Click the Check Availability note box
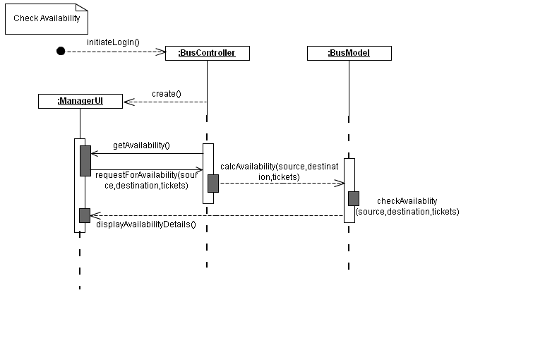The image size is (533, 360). [x=47, y=19]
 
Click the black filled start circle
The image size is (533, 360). [x=61, y=51]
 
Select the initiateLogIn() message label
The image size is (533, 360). [x=113, y=42]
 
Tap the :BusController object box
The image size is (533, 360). [x=207, y=53]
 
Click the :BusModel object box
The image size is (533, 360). [x=349, y=53]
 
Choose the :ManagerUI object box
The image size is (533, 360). [x=80, y=102]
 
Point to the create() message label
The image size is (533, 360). [x=167, y=93]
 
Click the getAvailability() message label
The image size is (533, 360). [x=141, y=145]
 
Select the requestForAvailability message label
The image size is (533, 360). [x=145, y=180]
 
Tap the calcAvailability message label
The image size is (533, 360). [x=280, y=172]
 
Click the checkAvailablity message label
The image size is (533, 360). [x=407, y=206]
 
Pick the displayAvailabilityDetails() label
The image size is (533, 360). [x=146, y=224]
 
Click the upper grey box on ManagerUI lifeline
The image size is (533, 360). [x=85, y=160]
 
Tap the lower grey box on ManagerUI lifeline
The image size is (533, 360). [x=85, y=215]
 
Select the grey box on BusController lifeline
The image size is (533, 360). [x=212, y=183]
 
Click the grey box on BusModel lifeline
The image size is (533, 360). [x=353, y=198]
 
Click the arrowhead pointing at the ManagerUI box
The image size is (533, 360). [x=128, y=102]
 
